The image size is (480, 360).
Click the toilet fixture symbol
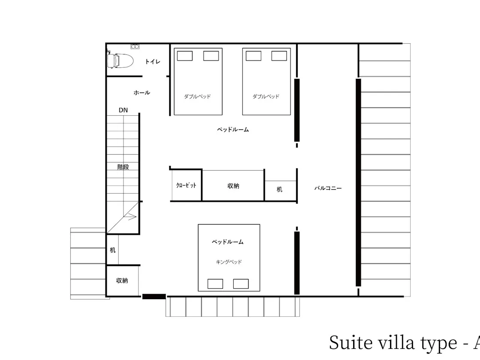click(120, 60)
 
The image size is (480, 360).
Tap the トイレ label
click(153, 62)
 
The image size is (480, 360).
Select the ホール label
click(142, 93)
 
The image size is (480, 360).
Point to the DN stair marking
click(123, 110)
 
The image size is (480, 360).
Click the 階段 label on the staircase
click(123, 167)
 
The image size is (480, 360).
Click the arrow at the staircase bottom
click(132, 217)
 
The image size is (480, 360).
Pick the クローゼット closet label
click(186, 185)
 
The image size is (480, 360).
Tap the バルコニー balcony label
click(328, 188)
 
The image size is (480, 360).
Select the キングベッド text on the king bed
click(229, 262)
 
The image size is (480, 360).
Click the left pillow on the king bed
click(215, 284)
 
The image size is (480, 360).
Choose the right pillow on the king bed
click(240, 284)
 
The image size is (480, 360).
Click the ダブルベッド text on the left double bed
click(198, 96)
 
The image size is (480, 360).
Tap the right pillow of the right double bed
click(279, 56)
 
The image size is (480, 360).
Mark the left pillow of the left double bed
click(185, 56)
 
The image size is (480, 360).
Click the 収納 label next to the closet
click(233, 186)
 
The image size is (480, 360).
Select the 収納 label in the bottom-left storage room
click(122, 280)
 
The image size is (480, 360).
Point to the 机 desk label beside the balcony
click(279, 189)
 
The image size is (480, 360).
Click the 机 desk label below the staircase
click(113, 250)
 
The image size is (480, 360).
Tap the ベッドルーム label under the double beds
click(233, 129)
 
